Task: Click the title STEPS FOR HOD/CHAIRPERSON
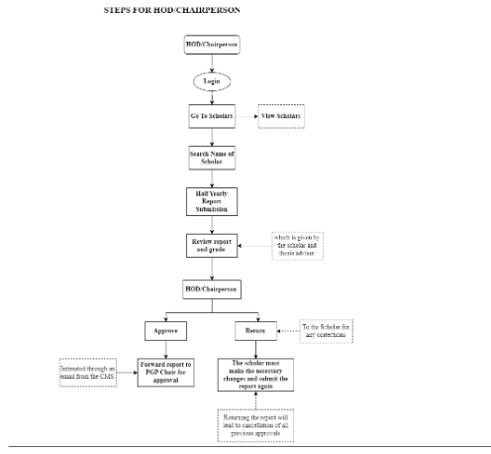[171, 10]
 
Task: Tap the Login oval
[212, 81]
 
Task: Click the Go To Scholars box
[212, 116]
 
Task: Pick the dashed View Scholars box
[281, 116]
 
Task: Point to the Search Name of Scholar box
[212, 158]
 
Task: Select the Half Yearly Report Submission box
[212, 199]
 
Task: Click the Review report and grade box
[212, 245]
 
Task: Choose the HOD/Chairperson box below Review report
[212, 288]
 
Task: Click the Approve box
[166, 329]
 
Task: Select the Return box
[254, 329]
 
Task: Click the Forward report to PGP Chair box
[166, 371]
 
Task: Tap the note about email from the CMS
[86, 374]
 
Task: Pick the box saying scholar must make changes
[254, 375]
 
